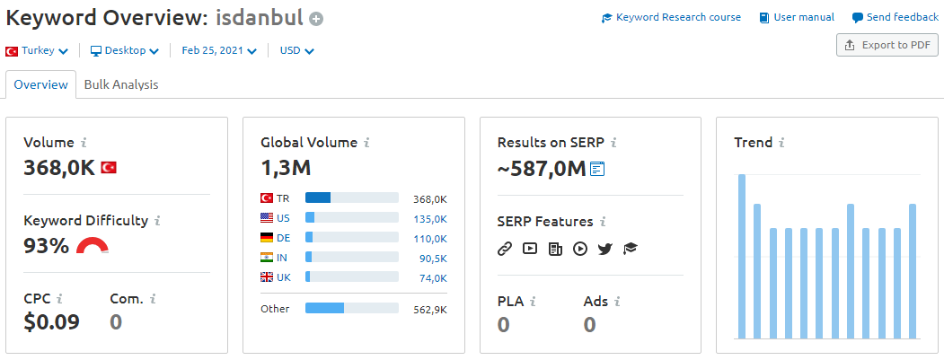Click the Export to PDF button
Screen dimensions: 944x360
887,45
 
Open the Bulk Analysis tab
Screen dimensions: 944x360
121,85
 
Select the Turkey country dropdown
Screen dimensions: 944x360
37,51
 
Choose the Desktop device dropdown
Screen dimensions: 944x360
125,51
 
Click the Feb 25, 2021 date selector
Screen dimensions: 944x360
219,51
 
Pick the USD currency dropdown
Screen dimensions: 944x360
296,51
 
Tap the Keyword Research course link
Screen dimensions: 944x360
671,17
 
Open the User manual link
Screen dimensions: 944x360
797,17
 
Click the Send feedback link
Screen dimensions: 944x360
895,17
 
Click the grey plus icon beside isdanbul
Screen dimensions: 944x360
316,19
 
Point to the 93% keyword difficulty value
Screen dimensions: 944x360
47,246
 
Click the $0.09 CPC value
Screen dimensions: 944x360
52,322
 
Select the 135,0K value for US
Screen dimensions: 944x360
430,218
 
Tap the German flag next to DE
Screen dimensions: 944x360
266,238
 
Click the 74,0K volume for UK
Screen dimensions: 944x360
434,277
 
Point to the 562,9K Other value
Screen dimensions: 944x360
430,310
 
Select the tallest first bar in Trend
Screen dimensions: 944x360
742,257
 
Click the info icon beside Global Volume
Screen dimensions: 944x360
366,144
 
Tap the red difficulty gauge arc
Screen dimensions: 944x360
93,241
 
